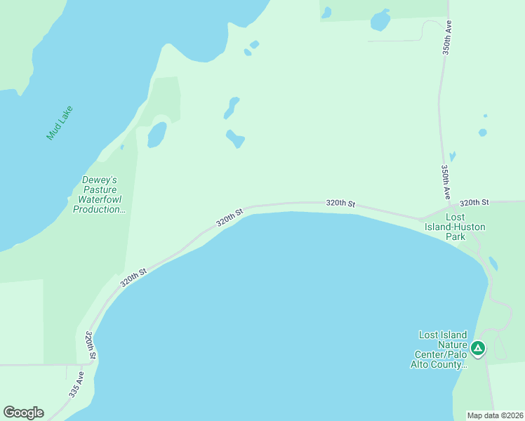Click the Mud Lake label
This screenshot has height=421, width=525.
[x=60, y=123]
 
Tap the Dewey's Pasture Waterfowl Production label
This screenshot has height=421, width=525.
[x=99, y=194]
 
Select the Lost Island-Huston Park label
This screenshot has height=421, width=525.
[x=455, y=227]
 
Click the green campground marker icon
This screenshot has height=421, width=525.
[x=478, y=348]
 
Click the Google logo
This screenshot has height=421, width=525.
[x=23, y=413]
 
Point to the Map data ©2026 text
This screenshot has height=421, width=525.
[x=495, y=415]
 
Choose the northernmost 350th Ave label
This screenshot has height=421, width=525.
[x=446, y=38]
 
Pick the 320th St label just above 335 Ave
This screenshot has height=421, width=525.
[x=90, y=346]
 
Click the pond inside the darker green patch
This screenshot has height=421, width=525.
[x=157, y=135]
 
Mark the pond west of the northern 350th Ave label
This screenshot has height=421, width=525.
[x=380, y=20]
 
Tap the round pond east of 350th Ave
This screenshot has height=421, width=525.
[x=482, y=132]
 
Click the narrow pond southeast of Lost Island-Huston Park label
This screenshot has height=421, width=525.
[x=493, y=264]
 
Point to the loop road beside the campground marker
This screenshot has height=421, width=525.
[x=500, y=347]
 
